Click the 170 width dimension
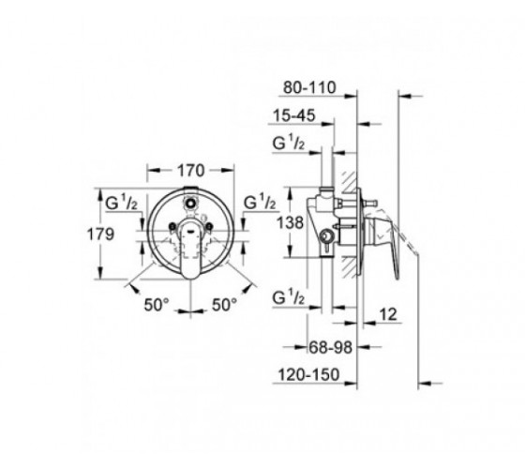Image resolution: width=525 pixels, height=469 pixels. tap(190, 171)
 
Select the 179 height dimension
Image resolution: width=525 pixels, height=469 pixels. tap(100, 234)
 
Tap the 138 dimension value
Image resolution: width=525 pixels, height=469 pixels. tap(290, 222)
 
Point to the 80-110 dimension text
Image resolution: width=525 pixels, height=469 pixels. tap(309, 88)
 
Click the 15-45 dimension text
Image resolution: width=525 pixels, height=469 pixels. tap(294, 115)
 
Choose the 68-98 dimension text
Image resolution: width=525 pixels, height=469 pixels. tap(330, 347)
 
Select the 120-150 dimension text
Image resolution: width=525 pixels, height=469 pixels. tap(308, 374)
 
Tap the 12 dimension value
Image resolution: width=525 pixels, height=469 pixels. tap(388, 314)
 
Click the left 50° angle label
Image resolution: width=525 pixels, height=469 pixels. tap(157, 305)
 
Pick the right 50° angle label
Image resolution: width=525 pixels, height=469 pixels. tap(224, 305)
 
